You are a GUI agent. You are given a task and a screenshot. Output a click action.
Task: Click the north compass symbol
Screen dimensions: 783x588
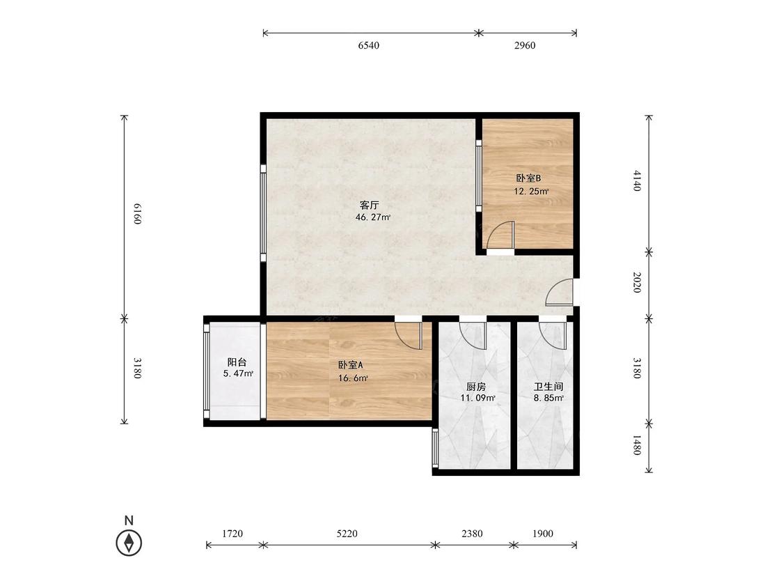coord(129,543)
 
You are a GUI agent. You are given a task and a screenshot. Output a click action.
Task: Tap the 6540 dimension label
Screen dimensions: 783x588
coord(368,45)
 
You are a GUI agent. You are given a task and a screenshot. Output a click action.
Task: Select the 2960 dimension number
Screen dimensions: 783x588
coord(524,45)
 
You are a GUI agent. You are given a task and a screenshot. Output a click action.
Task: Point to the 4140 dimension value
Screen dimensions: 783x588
coord(637,180)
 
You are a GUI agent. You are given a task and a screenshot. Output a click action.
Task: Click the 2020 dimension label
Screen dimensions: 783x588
coord(637,282)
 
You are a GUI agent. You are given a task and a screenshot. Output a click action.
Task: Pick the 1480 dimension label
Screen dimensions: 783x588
coord(637,444)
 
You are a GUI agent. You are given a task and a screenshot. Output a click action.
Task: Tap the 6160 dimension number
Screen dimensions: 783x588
coord(138,214)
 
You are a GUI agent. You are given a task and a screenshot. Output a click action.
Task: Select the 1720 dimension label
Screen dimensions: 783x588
coord(232,534)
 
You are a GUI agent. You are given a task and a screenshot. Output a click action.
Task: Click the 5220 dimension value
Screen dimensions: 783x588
coord(347,534)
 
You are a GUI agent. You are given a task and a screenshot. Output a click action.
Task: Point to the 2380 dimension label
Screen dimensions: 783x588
coord(472,534)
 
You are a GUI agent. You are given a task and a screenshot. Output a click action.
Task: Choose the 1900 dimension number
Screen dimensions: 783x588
coord(542,534)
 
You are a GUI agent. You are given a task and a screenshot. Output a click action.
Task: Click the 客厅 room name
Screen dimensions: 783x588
coord(370,205)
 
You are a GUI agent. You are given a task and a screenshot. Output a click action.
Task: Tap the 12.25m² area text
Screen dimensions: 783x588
coord(531,191)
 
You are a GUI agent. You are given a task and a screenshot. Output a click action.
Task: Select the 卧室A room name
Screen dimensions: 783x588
coord(351,365)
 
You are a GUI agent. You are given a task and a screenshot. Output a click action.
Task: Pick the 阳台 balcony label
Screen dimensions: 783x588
coord(237,362)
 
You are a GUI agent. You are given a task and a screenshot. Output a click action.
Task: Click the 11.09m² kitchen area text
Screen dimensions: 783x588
coord(478,398)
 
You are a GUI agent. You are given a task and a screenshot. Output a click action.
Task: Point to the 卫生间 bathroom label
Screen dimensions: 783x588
coord(548,387)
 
